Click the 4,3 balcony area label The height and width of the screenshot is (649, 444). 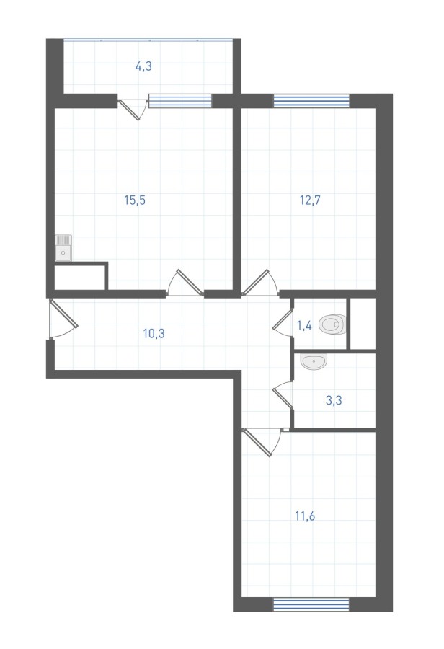click(143, 66)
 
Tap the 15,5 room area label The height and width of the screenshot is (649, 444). click(135, 200)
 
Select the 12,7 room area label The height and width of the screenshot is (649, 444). click(311, 200)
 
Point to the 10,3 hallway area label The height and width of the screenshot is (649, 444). click(154, 333)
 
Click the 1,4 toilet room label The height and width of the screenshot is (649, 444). click(304, 326)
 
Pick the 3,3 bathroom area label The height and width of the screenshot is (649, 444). click(334, 401)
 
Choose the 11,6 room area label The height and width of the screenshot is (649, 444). click(305, 516)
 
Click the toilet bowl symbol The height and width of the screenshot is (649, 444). click(333, 325)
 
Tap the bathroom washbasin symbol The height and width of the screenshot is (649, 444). click(314, 361)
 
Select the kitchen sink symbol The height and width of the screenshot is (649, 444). click(63, 248)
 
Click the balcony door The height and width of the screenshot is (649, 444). click(132, 108)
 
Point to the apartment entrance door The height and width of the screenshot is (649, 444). click(63, 319)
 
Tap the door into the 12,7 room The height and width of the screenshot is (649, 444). click(261, 283)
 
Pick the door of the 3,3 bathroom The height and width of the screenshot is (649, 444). click(283, 395)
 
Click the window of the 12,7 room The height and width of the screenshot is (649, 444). click(311, 101)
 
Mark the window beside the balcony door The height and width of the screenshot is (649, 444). click(180, 101)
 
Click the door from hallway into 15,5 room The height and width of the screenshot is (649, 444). click(185, 283)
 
